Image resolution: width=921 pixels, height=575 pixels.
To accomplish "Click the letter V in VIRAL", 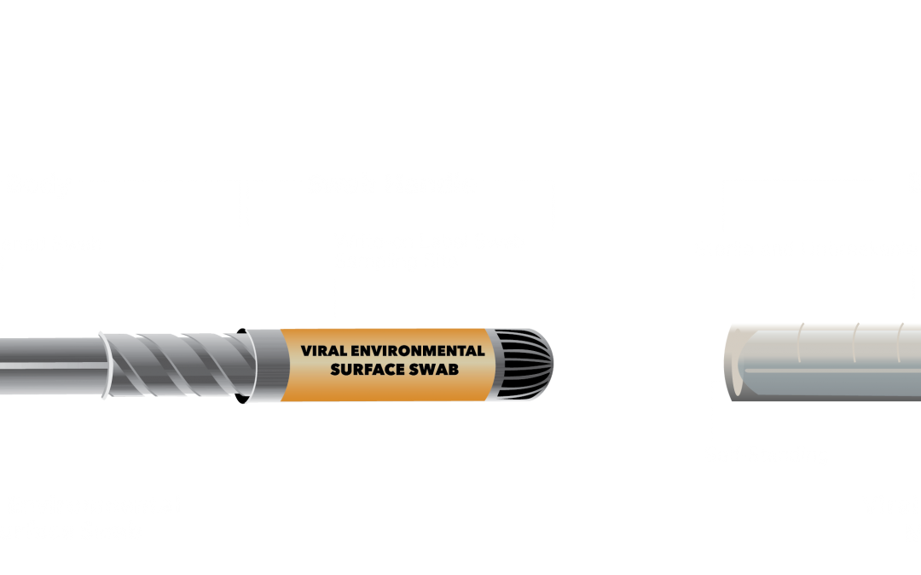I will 305,351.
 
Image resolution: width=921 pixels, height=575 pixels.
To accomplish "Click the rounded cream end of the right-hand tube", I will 733,358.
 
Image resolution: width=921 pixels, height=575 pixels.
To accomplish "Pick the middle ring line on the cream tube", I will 856,338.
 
